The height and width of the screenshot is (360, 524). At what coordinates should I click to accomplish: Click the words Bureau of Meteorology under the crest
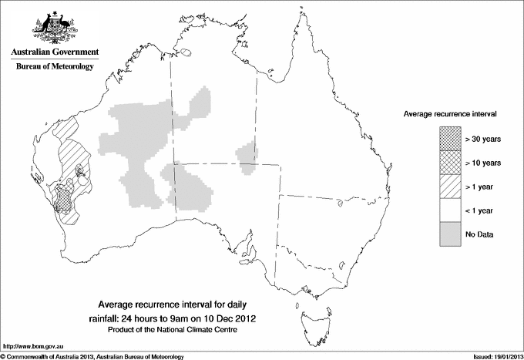coord(54,67)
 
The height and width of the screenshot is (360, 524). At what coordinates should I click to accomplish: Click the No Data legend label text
coord(479,234)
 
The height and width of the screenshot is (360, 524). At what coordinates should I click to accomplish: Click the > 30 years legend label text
coord(483,139)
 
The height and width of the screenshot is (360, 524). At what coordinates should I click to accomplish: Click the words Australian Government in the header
coord(54,52)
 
